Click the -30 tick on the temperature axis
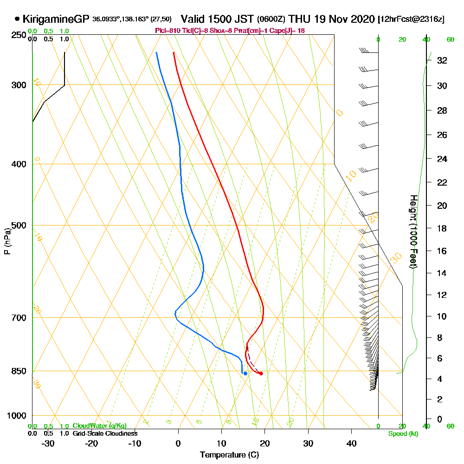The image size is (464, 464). (x=48, y=443)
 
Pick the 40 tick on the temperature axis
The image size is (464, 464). (x=351, y=443)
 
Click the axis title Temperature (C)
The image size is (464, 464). (x=229, y=455)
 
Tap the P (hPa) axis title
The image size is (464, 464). (x=7, y=241)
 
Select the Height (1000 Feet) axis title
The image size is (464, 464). (x=412, y=232)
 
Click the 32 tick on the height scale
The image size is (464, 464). (x=442, y=60)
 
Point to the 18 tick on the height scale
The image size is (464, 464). (x=442, y=228)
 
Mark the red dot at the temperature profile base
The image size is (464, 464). (x=261, y=374)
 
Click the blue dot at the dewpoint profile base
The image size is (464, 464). (x=245, y=374)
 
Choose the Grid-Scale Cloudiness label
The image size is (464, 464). (x=105, y=433)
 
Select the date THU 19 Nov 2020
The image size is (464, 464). (x=331, y=19)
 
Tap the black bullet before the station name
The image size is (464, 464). (x=17, y=19)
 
